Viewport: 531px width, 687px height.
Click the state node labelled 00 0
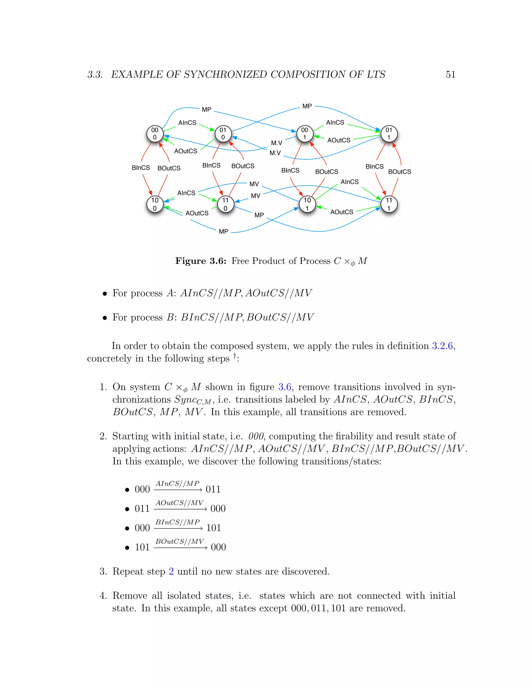[x=155, y=134]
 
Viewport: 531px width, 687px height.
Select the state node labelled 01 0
[x=223, y=134]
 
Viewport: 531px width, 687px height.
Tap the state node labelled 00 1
[x=304, y=134]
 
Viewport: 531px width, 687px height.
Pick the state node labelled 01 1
[x=389, y=134]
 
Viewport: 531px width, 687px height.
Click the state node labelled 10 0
[x=155, y=204]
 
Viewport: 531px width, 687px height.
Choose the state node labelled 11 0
[x=226, y=204]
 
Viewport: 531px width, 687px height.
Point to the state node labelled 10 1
[x=307, y=204]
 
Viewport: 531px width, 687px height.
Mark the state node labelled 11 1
[x=389, y=204]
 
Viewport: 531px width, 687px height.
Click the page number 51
[x=450, y=75]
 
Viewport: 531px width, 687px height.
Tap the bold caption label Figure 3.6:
[x=201, y=261]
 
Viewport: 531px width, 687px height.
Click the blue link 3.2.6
[x=442, y=346]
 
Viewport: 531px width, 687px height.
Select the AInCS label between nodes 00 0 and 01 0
[x=187, y=123]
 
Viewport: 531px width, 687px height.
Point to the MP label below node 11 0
[x=259, y=215]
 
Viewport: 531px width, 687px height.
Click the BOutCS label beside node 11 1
[x=400, y=172]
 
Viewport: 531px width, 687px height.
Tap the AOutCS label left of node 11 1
[x=342, y=212]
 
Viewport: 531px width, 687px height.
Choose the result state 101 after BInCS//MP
[x=214, y=528]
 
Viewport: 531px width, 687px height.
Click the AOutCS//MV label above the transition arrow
[x=180, y=503]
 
